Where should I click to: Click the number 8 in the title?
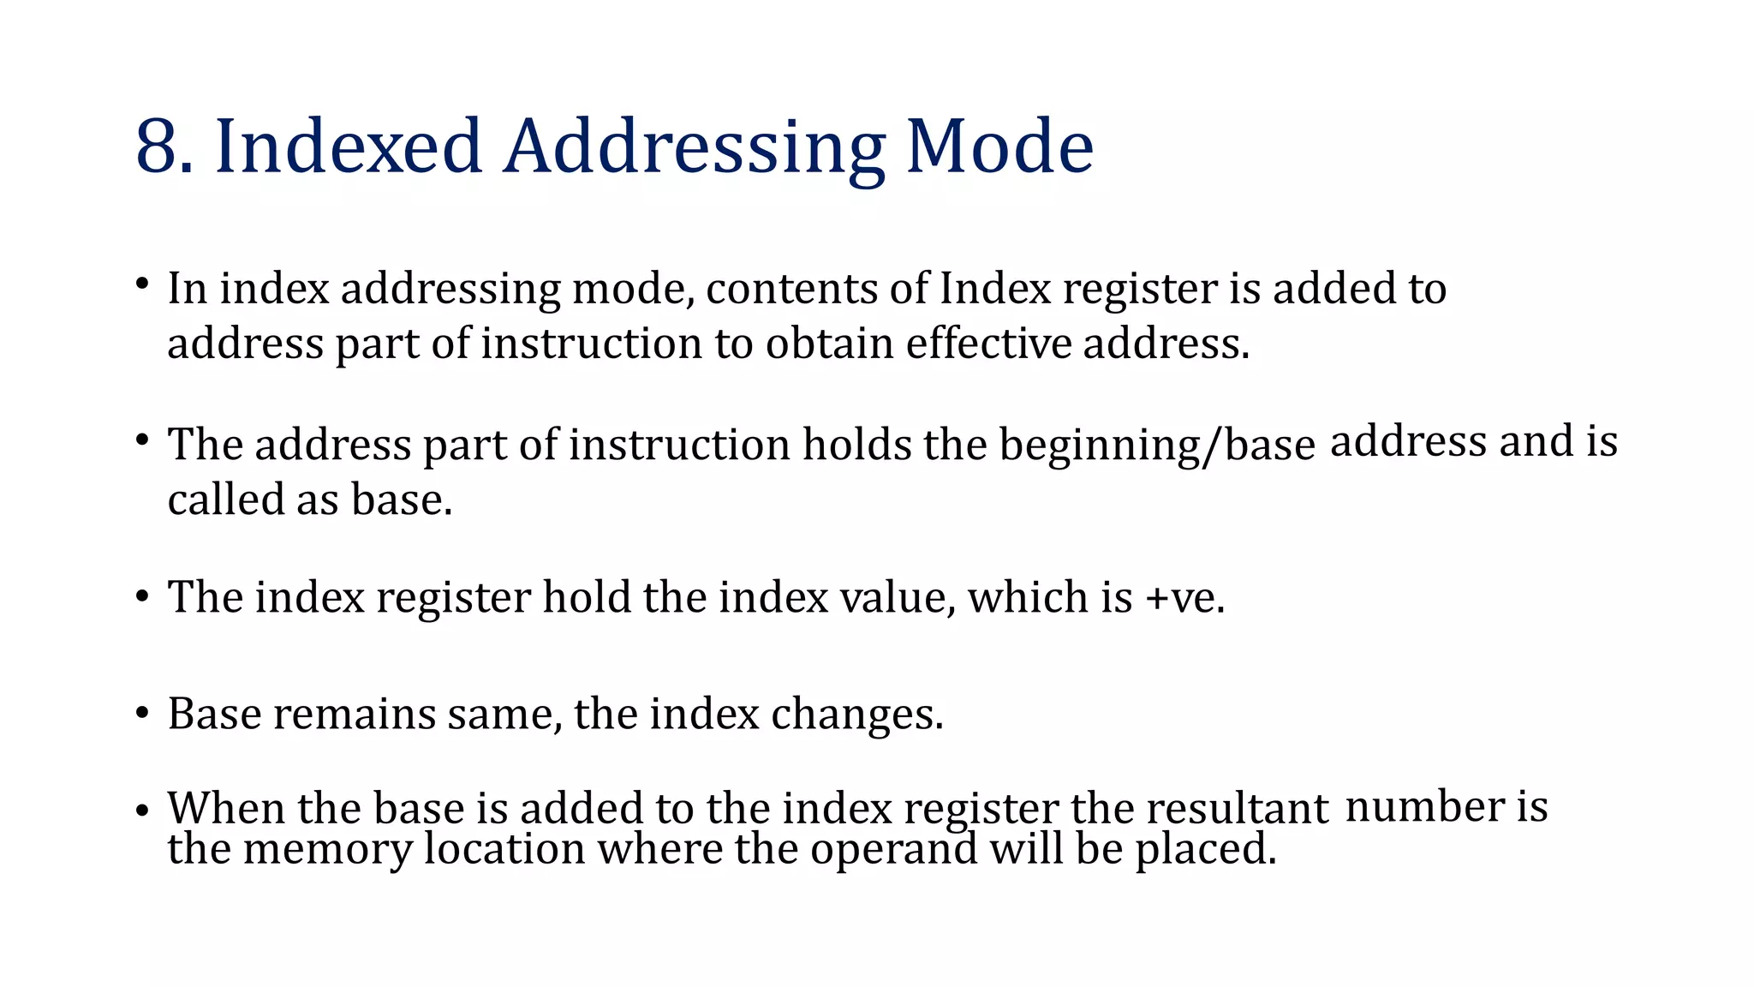(158, 147)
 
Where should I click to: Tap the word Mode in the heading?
(999, 147)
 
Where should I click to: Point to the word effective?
(988, 344)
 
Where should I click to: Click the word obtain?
(830, 344)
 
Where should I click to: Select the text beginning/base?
(1156, 446)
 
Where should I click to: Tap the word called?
(226, 499)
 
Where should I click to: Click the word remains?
(354, 714)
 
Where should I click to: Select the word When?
(227, 808)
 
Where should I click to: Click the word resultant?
(1237, 809)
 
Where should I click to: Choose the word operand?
(893, 850)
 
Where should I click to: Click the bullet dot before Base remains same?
(142, 714)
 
